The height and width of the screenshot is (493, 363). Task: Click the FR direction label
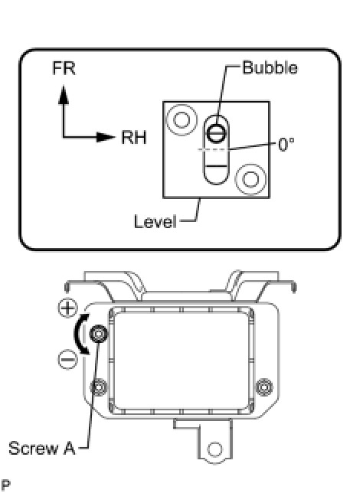64,68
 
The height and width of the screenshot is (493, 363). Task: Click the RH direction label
134,138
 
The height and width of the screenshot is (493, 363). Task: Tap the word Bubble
270,68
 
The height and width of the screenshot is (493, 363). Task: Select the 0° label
286,145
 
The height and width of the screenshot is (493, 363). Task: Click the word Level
155,221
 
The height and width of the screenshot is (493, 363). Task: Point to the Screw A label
42,448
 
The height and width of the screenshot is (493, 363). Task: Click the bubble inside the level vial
217,132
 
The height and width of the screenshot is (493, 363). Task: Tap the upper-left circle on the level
181,119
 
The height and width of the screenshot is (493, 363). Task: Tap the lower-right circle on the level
250,179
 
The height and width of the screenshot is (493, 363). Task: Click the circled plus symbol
67,308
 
